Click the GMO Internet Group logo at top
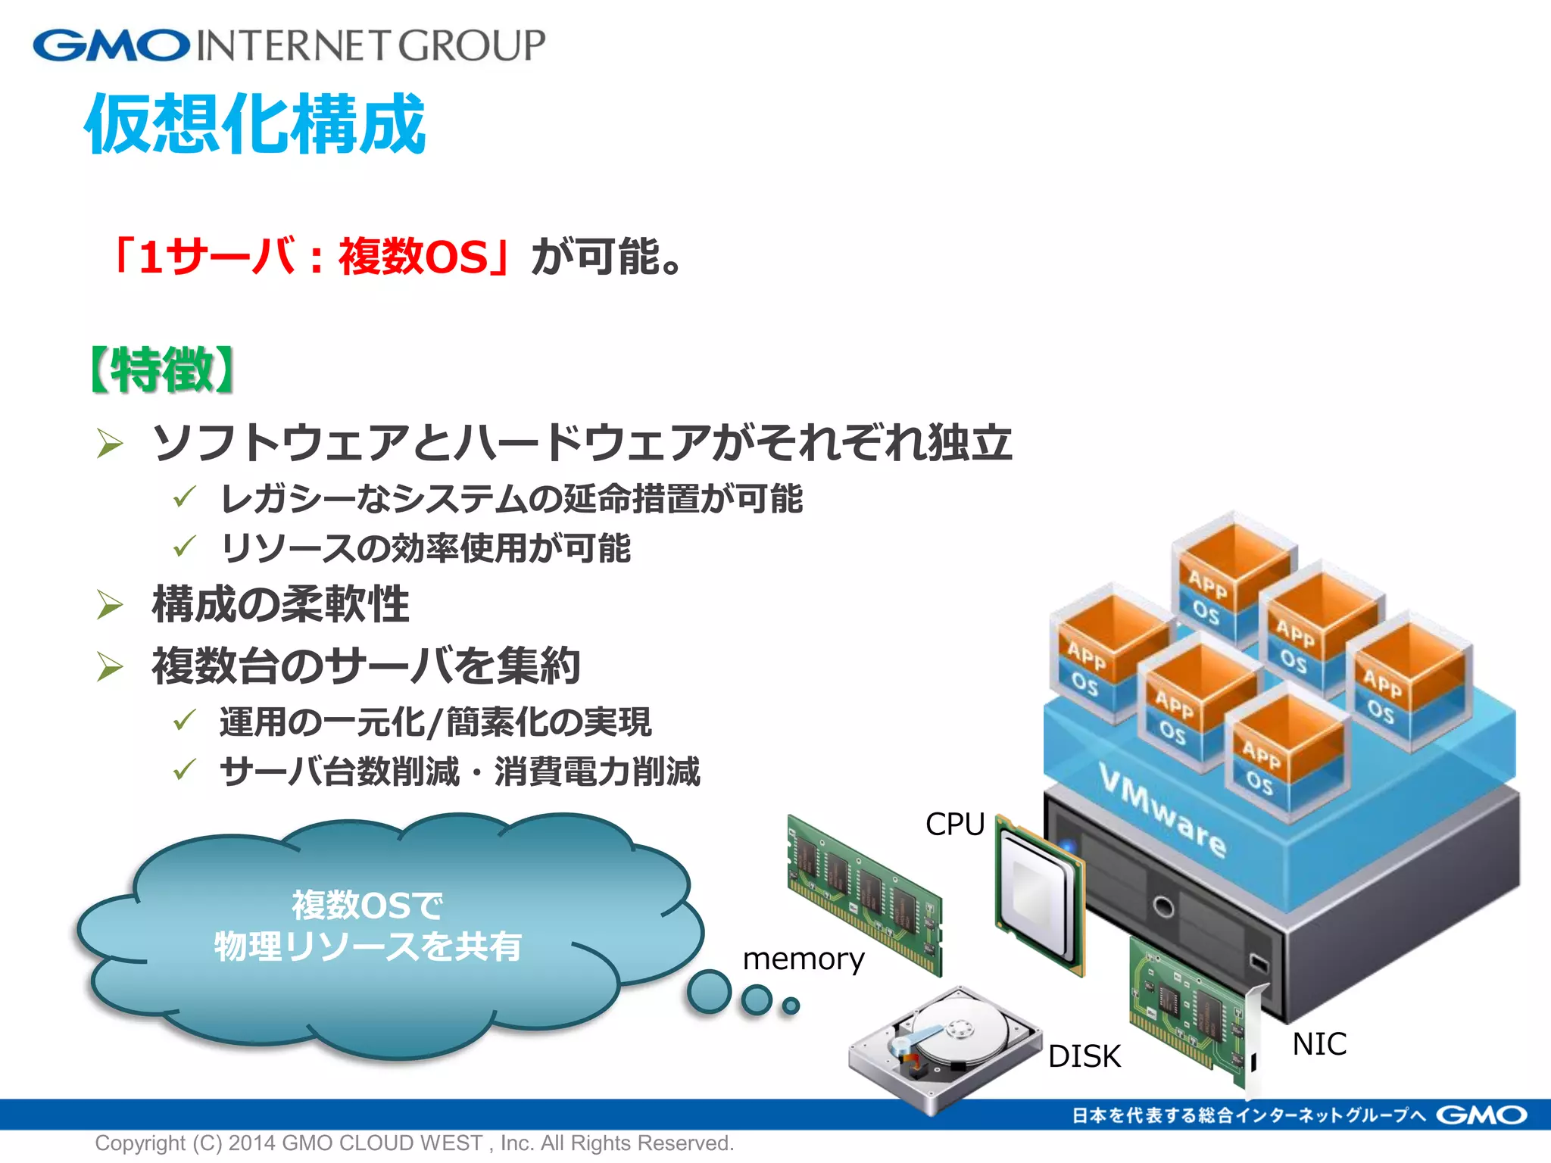[289, 45]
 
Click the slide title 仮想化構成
[255, 123]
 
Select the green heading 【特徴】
[162, 370]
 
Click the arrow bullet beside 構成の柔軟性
[110, 604]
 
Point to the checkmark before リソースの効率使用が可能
[184, 546]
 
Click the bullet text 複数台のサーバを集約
[367, 666]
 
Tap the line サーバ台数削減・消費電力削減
[460, 772]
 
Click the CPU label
[954, 824]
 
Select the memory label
[803, 959]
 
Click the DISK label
[1084, 1056]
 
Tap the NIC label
[1319, 1044]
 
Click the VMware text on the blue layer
[1162, 810]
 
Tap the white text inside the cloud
[368, 926]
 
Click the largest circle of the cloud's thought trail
[709, 991]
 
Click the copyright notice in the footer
[414, 1143]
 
